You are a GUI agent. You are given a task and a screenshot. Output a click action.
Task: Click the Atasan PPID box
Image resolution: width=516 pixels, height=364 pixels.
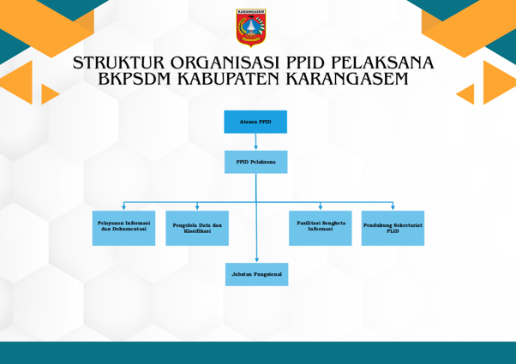(x=255, y=122)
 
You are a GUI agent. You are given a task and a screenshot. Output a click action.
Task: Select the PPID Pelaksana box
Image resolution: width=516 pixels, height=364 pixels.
(x=256, y=162)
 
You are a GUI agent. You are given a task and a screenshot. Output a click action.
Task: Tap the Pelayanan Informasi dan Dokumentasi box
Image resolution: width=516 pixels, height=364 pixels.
(x=123, y=228)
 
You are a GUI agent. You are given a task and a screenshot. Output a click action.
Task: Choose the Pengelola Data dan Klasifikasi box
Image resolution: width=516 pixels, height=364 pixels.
(x=197, y=228)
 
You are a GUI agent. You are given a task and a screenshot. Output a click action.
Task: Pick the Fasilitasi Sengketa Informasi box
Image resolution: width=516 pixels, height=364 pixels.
(x=321, y=228)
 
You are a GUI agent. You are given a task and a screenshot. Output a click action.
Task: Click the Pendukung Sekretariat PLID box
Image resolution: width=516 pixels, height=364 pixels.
(x=393, y=228)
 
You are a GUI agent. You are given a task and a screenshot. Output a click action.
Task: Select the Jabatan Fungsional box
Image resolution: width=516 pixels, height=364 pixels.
(x=256, y=274)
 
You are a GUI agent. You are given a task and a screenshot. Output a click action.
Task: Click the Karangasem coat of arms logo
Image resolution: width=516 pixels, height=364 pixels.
(x=251, y=27)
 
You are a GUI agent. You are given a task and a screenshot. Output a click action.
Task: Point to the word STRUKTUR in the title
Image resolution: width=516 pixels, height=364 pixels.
(x=118, y=63)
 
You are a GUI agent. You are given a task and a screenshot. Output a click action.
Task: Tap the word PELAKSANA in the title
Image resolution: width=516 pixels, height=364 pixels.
(x=382, y=63)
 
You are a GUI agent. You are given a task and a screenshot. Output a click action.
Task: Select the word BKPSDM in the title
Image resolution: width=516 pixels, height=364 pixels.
(x=135, y=79)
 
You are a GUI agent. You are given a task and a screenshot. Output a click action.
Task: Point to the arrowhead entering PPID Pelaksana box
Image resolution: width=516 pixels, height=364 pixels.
(x=255, y=147)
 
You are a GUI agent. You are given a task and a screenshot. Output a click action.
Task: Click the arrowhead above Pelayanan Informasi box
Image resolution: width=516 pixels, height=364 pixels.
(x=123, y=207)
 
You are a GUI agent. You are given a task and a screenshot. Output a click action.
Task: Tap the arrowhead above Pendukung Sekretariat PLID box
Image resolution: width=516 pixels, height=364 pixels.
(x=393, y=207)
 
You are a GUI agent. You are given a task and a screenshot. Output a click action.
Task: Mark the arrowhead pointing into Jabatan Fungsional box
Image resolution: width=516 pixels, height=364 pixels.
(x=256, y=260)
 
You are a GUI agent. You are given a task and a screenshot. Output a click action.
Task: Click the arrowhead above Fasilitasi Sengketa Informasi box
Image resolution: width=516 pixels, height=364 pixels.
(x=321, y=207)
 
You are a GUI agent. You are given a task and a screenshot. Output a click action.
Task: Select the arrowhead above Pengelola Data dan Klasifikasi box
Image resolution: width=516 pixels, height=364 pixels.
(x=197, y=207)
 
